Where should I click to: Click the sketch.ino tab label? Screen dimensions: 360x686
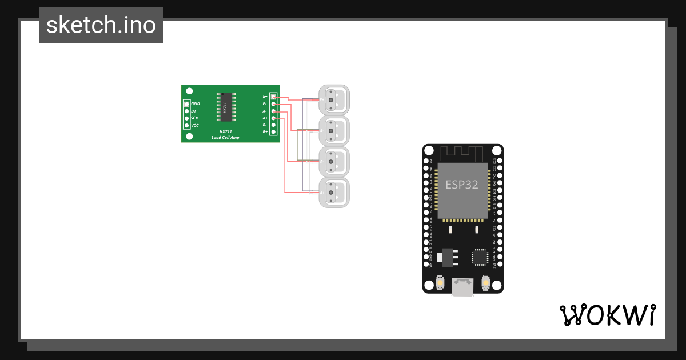(101, 25)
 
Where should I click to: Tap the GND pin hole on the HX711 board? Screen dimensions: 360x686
(186, 104)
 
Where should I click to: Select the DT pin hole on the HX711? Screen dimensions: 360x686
(186, 111)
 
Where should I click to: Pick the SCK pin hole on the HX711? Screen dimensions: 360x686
(186, 118)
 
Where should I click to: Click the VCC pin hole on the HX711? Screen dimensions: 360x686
(186, 125)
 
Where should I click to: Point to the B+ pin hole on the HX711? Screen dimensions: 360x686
(274, 131)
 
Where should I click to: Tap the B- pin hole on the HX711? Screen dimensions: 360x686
(274, 125)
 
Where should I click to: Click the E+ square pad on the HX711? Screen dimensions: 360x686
(274, 97)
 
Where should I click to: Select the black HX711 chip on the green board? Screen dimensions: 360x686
(225, 107)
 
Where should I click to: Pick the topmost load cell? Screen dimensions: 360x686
(334, 99)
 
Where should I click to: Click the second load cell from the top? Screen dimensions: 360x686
(334, 131)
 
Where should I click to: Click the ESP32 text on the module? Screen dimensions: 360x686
(462, 185)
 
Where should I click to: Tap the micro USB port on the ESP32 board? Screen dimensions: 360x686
(462, 287)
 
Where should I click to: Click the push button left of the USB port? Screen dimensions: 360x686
(440, 283)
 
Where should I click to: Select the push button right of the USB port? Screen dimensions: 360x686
(486, 283)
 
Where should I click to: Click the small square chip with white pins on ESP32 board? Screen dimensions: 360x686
(480, 257)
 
